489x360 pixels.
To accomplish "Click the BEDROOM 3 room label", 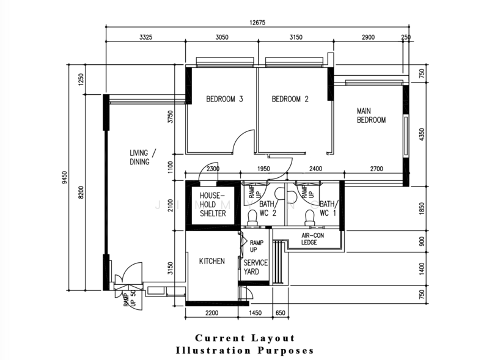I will (x=224, y=99).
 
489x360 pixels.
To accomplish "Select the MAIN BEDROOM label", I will (x=371, y=116).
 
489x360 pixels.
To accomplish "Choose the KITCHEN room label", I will (x=212, y=261).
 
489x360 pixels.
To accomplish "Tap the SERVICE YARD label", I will (x=256, y=267).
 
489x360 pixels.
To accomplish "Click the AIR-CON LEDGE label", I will (x=313, y=238).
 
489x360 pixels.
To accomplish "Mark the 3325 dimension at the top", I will (x=145, y=37).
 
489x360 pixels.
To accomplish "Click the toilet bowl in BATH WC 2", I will (x=251, y=216).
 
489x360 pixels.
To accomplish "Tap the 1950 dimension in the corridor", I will (x=263, y=169).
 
